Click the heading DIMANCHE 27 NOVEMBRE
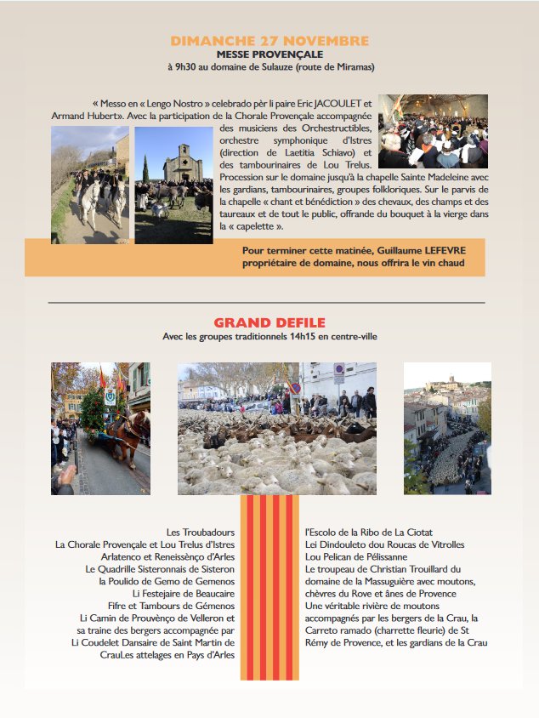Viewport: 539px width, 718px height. pos(269,41)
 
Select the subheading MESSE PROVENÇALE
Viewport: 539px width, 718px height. pos(269,54)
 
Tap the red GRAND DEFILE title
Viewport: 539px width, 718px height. pos(269,322)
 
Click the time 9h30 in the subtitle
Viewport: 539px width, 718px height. pos(184,66)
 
